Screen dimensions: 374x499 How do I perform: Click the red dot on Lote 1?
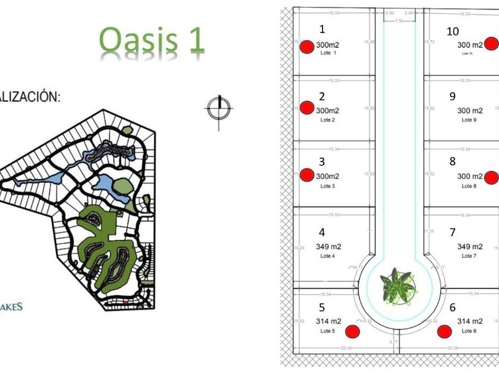307,47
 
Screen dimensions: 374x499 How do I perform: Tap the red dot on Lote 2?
307,107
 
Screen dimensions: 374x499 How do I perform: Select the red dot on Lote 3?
307,175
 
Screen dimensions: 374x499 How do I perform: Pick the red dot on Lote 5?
353,331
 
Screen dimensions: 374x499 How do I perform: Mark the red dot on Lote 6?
444,331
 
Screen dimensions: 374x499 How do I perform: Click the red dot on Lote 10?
491,43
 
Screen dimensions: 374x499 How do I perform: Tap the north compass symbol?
219,108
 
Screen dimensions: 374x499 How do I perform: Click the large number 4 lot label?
322,233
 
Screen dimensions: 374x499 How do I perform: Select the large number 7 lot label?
453,232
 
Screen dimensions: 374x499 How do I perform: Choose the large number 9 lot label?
453,96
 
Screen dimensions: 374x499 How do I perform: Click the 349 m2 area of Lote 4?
329,246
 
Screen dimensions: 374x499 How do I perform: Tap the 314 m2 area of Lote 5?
329,321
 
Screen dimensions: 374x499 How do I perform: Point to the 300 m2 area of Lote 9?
469,110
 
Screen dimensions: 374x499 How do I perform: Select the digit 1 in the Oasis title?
193,40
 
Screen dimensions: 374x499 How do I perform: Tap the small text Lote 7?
469,256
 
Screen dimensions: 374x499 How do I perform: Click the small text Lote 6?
469,331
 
